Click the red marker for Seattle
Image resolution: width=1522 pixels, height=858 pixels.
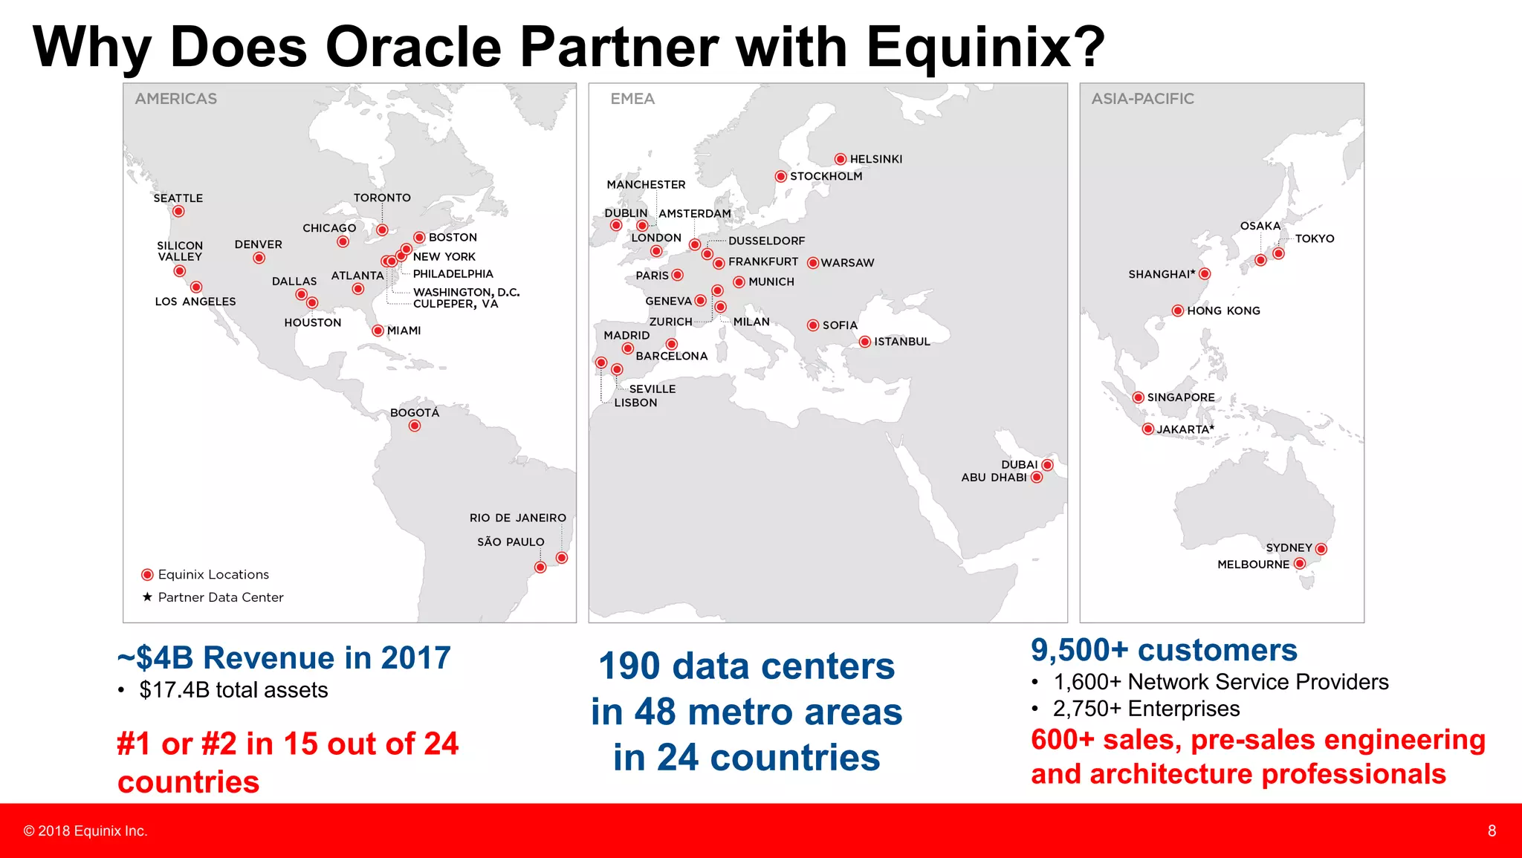click(x=178, y=212)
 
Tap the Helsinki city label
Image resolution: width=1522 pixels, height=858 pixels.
click(x=875, y=159)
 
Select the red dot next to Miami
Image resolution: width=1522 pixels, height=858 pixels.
click(x=378, y=331)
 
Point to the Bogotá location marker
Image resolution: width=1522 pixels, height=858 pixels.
click(x=415, y=426)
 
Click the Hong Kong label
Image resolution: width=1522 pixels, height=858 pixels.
click(x=1223, y=311)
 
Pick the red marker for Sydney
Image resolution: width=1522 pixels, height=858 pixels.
click(x=1321, y=549)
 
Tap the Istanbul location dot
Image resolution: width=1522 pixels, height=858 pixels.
click(x=865, y=342)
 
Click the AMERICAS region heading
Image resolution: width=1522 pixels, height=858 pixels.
click(x=176, y=99)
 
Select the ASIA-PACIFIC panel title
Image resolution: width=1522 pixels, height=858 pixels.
click(x=1142, y=99)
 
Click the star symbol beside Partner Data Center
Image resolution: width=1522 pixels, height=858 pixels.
click(x=147, y=597)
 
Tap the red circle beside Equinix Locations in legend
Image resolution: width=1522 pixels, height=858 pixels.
click(x=147, y=574)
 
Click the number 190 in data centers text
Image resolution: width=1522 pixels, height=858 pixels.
click(x=629, y=666)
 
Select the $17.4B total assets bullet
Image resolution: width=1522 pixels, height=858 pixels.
click(x=233, y=690)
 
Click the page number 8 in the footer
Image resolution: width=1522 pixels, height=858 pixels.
click(x=1492, y=831)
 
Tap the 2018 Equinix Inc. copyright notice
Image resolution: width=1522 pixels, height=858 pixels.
click(x=85, y=831)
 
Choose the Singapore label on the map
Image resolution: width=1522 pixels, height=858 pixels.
click(x=1180, y=397)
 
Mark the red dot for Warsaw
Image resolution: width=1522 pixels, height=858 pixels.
click(x=813, y=263)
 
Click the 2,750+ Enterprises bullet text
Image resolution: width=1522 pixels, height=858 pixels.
click(x=1146, y=709)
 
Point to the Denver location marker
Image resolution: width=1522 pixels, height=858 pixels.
click(x=259, y=258)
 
